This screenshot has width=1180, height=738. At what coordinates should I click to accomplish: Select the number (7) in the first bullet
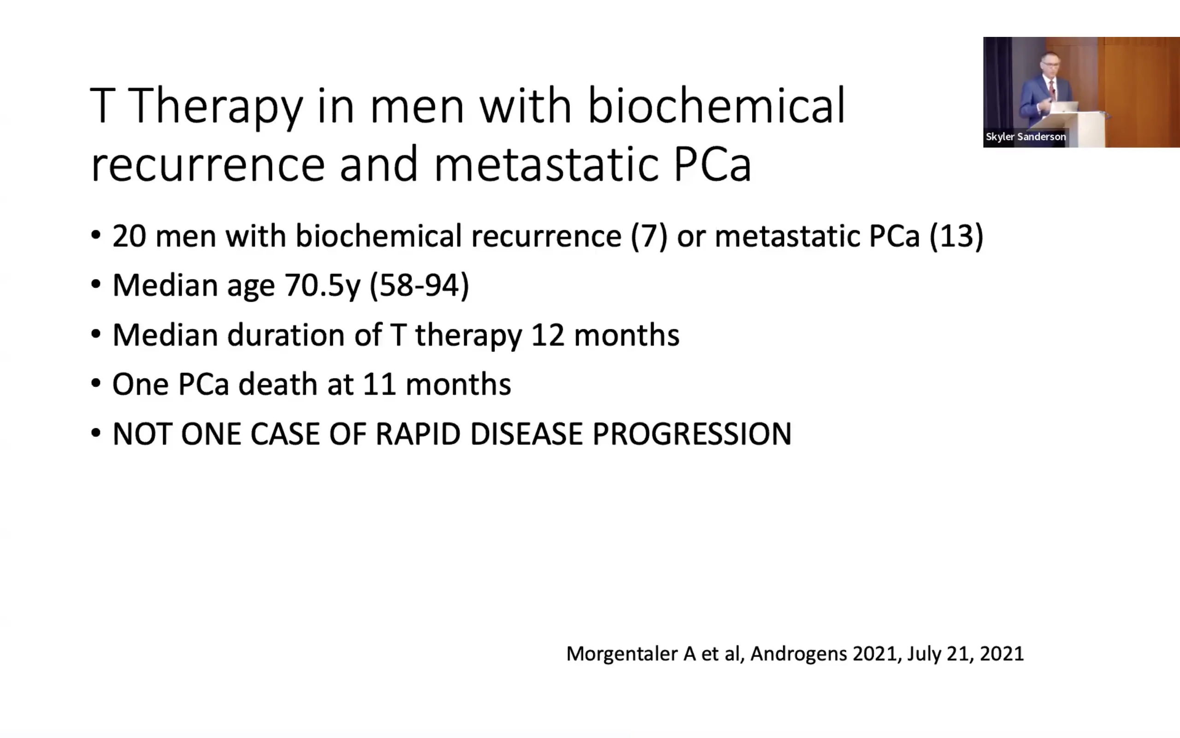click(x=649, y=237)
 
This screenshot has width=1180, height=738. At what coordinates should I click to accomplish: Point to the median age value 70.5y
click(x=322, y=286)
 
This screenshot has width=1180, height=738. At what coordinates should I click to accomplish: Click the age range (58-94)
click(x=419, y=286)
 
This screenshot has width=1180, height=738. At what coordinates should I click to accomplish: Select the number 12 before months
click(x=548, y=335)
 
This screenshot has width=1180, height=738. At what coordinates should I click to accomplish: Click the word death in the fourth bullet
click(x=277, y=384)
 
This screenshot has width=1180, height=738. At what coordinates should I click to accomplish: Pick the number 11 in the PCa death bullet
click(x=379, y=385)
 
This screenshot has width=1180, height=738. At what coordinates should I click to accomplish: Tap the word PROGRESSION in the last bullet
click(x=692, y=434)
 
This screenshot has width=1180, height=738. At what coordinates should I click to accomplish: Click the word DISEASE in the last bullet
click(x=526, y=434)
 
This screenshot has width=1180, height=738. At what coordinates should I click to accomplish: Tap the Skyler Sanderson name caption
click(x=1026, y=137)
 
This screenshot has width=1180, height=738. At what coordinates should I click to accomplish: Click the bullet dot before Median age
click(x=95, y=285)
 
